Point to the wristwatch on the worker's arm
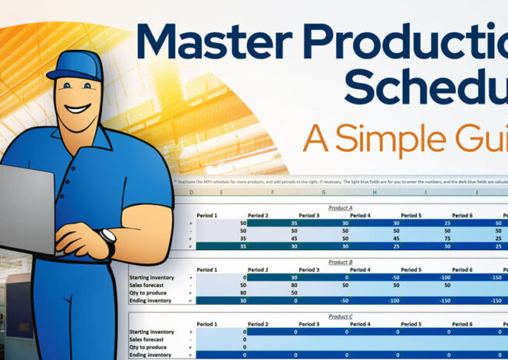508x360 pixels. [x=108, y=239]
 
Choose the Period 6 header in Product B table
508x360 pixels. [x=462, y=270]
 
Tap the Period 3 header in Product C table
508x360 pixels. [x=309, y=323]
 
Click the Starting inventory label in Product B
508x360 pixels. [x=152, y=277]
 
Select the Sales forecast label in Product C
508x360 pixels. [x=148, y=339]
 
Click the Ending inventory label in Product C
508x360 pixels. [x=150, y=355]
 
